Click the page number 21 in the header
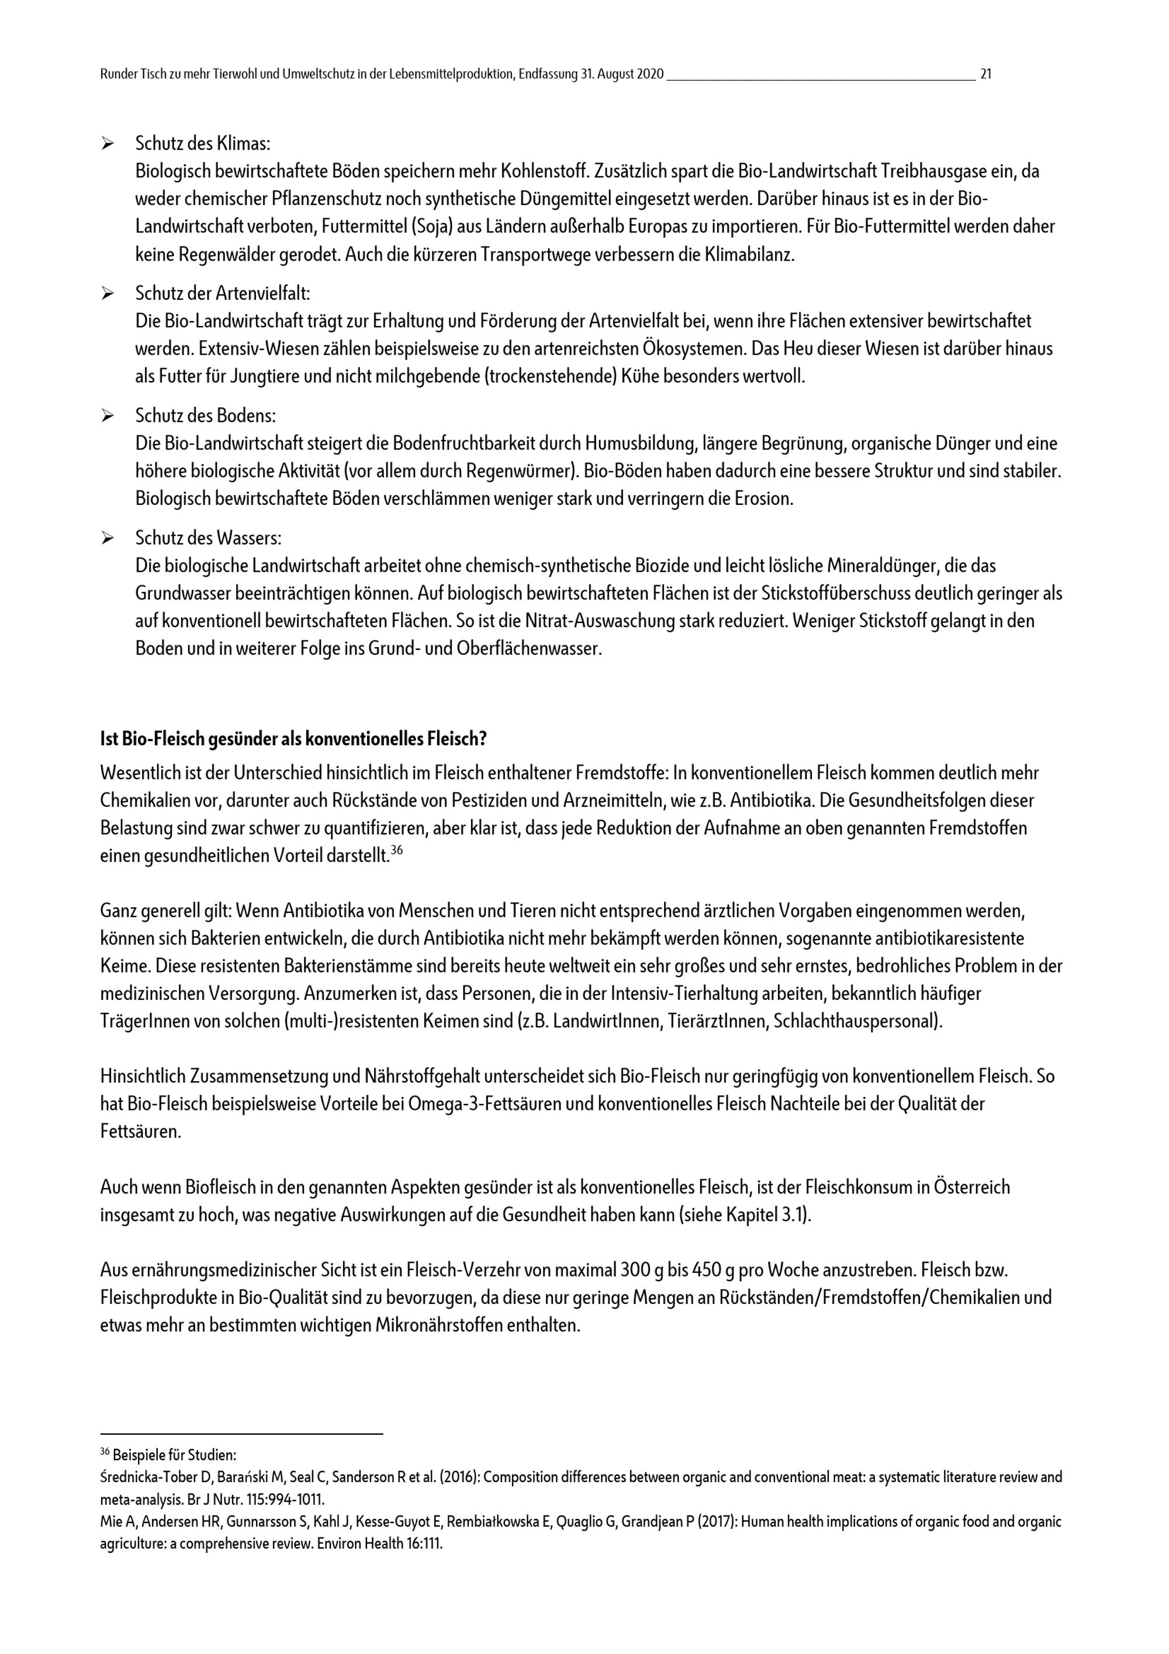(x=986, y=74)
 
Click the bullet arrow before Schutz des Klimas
(x=108, y=145)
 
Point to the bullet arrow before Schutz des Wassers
(x=108, y=538)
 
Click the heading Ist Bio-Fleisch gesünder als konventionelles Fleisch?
(x=294, y=739)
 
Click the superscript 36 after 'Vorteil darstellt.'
(x=396, y=851)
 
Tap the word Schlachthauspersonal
(x=856, y=1022)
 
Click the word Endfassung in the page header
(x=548, y=74)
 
